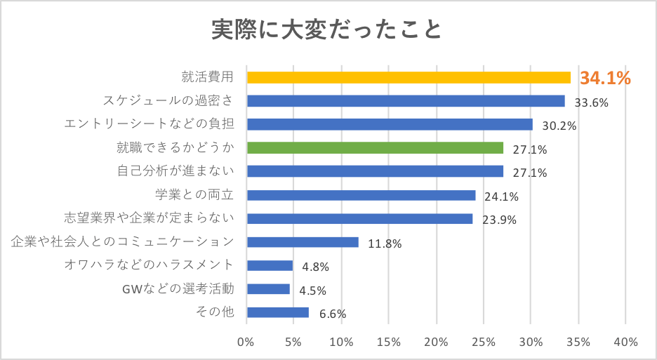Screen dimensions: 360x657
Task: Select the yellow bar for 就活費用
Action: [409, 77]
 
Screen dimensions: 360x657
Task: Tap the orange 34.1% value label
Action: [604, 78]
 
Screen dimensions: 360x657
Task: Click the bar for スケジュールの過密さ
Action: [406, 101]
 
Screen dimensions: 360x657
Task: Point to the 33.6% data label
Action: [591, 102]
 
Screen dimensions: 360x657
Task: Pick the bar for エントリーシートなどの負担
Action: [390, 124]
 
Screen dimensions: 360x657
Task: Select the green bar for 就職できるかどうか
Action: [375, 147]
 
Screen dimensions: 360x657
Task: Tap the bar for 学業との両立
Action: [361, 195]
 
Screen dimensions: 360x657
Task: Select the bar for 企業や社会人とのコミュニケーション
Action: [303, 242]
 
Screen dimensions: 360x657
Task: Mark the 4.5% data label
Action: [313, 291]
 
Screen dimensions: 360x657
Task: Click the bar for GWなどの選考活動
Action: [268, 289]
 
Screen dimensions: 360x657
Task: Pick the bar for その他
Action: [277, 312]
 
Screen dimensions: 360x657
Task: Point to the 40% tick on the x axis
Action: [625, 342]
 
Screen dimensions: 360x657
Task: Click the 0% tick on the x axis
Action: [246, 342]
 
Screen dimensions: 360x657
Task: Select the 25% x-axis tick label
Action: [483, 342]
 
